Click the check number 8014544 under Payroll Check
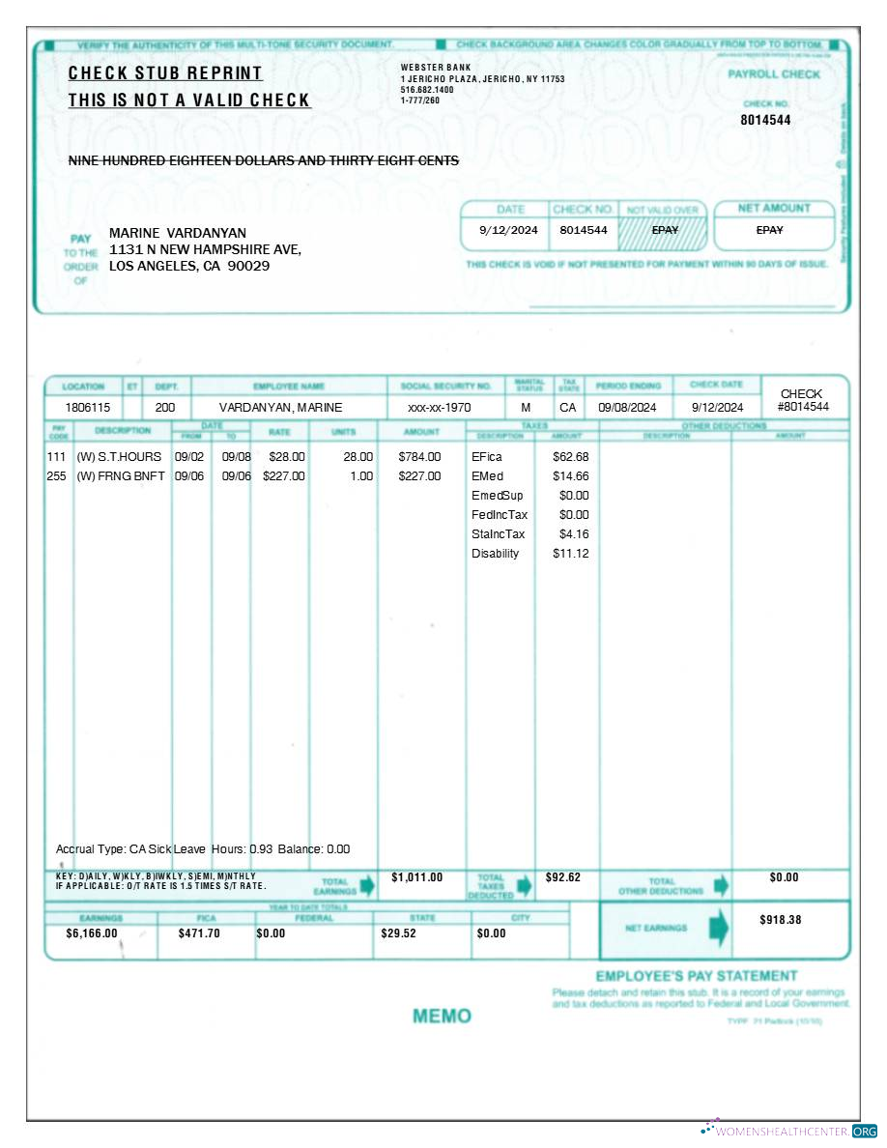click(x=765, y=120)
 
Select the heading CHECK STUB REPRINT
click(x=165, y=73)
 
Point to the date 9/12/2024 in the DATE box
click(x=508, y=230)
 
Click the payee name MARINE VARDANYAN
click(x=178, y=233)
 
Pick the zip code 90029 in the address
click(x=248, y=266)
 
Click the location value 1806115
click(x=88, y=408)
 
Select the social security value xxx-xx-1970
click(x=439, y=408)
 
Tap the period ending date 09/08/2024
click(x=627, y=408)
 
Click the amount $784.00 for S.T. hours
click(x=419, y=456)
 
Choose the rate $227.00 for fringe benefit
click(x=284, y=476)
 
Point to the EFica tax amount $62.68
click(x=570, y=456)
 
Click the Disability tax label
click(x=495, y=554)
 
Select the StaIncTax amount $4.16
click(x=574, y=534)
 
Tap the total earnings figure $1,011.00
click(x=416, y=877)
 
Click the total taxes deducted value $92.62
click(x=563, y=877)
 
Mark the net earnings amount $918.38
click(x=780, y=920)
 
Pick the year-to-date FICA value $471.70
click(x=199, y=933)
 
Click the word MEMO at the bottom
click(x=442, y=1016)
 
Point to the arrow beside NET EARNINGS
click(x=719, y=928)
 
